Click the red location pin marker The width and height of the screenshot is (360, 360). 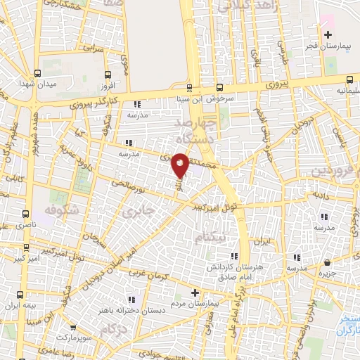pyautogui.click(x=181, y=166)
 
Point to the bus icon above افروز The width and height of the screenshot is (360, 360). pyautogui.click(x=107, y=73)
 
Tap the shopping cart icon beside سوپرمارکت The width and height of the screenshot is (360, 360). pyautogui.click(x=74, y=327)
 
